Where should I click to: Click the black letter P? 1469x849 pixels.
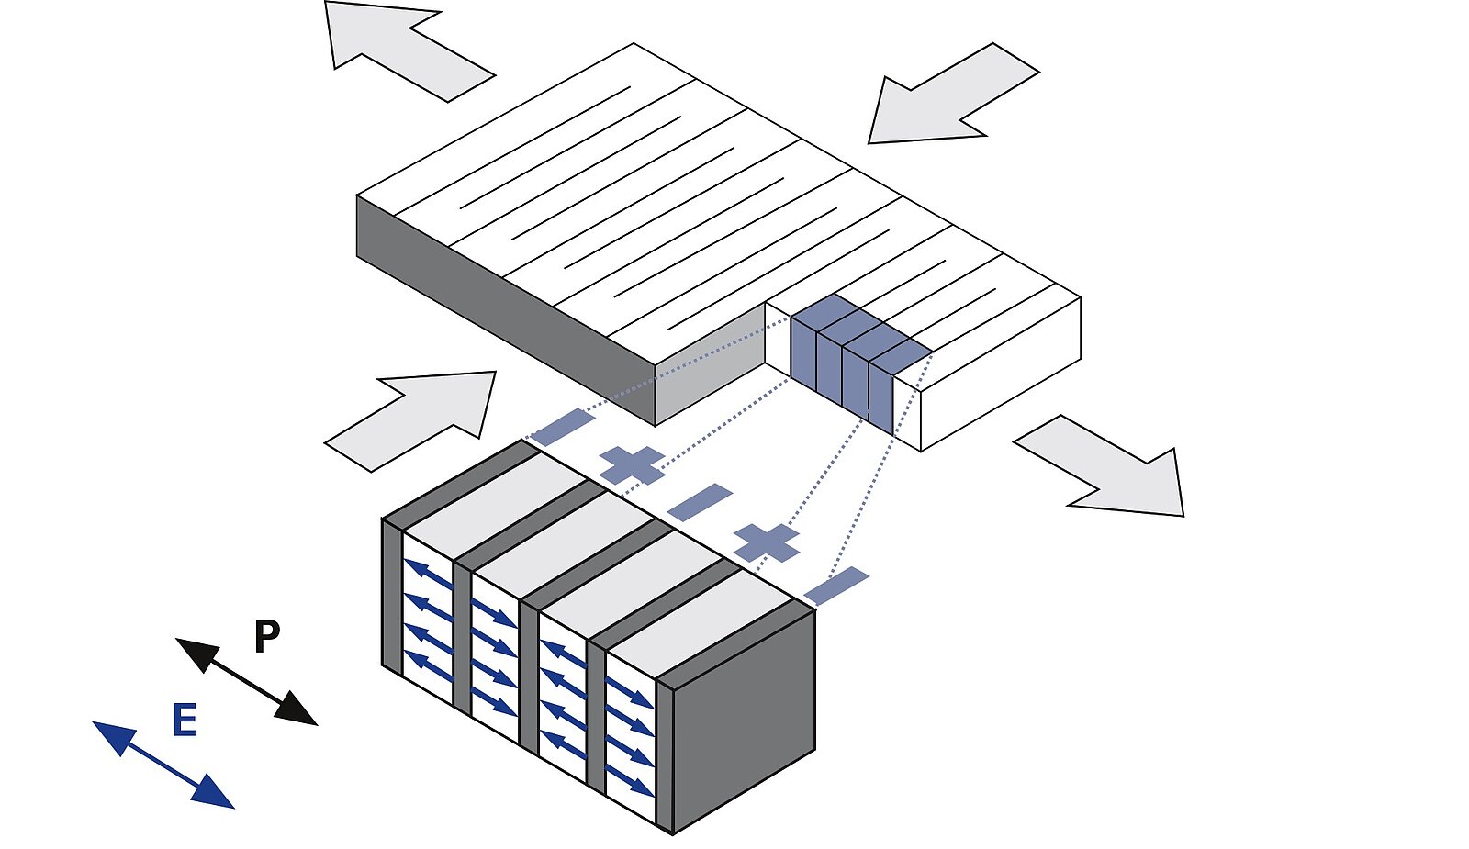pyautogui.click(x=266, y=636)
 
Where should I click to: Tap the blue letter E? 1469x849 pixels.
pyautogui.click(x=185, y=721)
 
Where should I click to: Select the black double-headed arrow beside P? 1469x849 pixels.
pyautogui.click(x=246, y=682)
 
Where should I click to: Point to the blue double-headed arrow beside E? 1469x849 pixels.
pyautogui.click(x=163, y=765)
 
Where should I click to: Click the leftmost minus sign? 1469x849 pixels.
pyautogui.click(x=563, y=427)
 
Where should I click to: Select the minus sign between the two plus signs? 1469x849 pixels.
pyautogui.click(x=700, y=502)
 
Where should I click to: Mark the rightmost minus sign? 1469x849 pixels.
pyautogui.click(x=836, y=586)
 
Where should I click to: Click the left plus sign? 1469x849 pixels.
pyautogui.click(x=633, y=464)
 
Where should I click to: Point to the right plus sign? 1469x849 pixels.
pyautogui.click(x=767, y=542)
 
